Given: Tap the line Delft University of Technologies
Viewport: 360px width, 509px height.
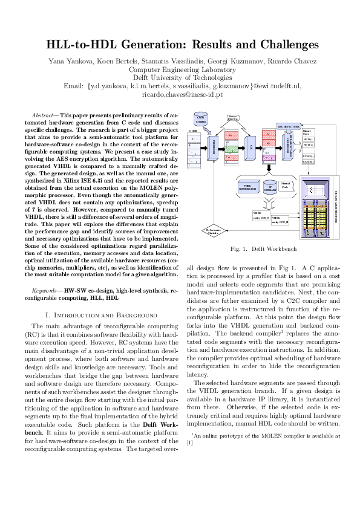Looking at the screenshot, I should [x=180, y=77].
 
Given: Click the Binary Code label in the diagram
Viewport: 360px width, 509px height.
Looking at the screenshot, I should [x=307, y=131].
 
